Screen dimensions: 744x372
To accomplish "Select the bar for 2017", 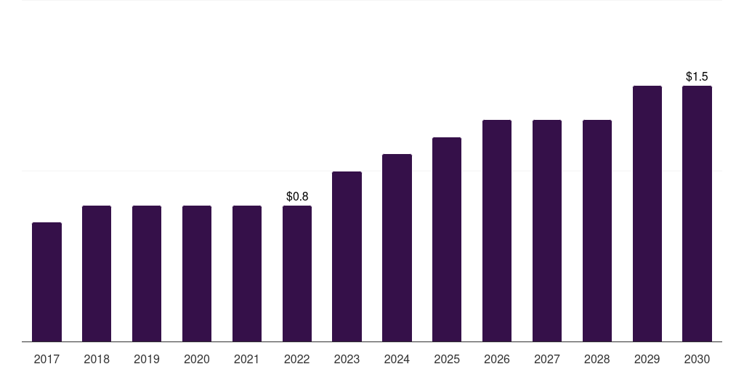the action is tap(46, 282).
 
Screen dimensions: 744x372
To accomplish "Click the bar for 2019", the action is tap(147, 274).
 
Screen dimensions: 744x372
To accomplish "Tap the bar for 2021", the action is tap(247, 274).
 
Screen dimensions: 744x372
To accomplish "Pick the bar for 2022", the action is tap(297, 274).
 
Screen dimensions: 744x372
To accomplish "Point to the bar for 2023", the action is tap(347, 256).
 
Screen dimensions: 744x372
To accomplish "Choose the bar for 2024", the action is tap(397, 248).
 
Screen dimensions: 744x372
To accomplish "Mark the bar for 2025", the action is tap(447, 240).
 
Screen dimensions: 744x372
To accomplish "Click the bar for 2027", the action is tap(547, 230).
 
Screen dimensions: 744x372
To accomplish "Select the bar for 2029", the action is tap(647, 214).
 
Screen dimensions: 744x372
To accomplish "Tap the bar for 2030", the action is tap(697, 214).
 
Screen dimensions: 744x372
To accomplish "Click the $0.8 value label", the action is tap(297, 196).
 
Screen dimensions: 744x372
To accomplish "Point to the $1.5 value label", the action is tap(697, 76).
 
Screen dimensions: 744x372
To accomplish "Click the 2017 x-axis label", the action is tap(46, 360).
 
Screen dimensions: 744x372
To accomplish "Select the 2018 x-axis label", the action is tap(97, 360).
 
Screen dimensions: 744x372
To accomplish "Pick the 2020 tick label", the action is tap(197, 360).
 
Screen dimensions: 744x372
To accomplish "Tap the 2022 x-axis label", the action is tap(297, 360).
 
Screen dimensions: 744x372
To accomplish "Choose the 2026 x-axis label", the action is tap(497, 360).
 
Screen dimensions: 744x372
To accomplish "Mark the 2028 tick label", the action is tap(597, 360).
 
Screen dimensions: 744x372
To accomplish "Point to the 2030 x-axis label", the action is tap(697, 360).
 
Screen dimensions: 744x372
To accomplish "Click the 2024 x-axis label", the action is tap(397, 360).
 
